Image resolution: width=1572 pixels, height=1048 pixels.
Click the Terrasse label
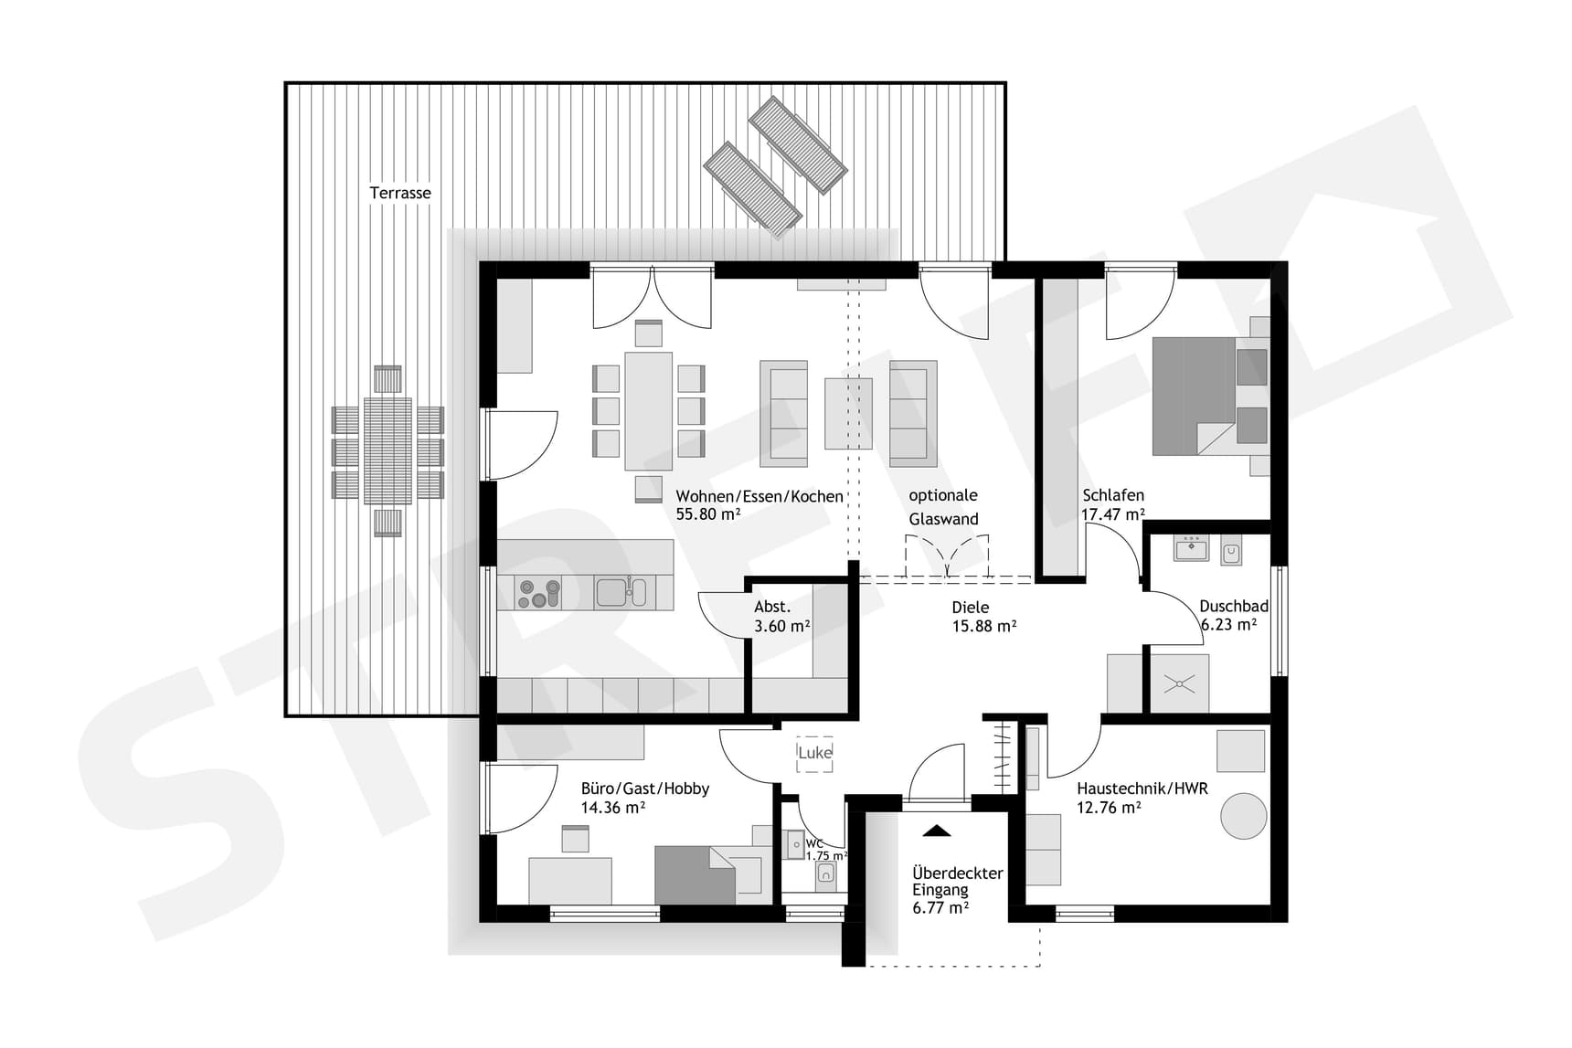(399, 193)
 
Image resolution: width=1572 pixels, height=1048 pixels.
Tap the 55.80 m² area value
(707, 514)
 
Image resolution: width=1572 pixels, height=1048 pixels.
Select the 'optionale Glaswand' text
(943, 507)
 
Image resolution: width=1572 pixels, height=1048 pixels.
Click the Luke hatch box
(814, 753)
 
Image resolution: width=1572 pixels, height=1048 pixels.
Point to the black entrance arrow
(936, 831)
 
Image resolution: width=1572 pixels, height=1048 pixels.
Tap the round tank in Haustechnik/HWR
(1243, 815)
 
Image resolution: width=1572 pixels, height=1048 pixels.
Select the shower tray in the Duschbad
(1179, 683)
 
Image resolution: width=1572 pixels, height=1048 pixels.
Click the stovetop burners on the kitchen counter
(538, 593)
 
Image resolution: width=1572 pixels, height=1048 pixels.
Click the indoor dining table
(648, 411)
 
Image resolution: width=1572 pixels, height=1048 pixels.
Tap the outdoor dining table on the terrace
(388, 450)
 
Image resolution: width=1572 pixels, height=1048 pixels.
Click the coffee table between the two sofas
(848, 413)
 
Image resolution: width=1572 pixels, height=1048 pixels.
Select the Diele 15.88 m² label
(983, 617)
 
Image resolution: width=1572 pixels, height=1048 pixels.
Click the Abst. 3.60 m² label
(781, 617)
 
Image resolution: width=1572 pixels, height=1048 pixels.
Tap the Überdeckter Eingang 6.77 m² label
(957, 889)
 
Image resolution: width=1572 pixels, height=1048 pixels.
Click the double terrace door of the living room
(652, 297)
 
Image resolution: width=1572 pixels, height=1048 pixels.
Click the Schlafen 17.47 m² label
(1112, 504)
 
